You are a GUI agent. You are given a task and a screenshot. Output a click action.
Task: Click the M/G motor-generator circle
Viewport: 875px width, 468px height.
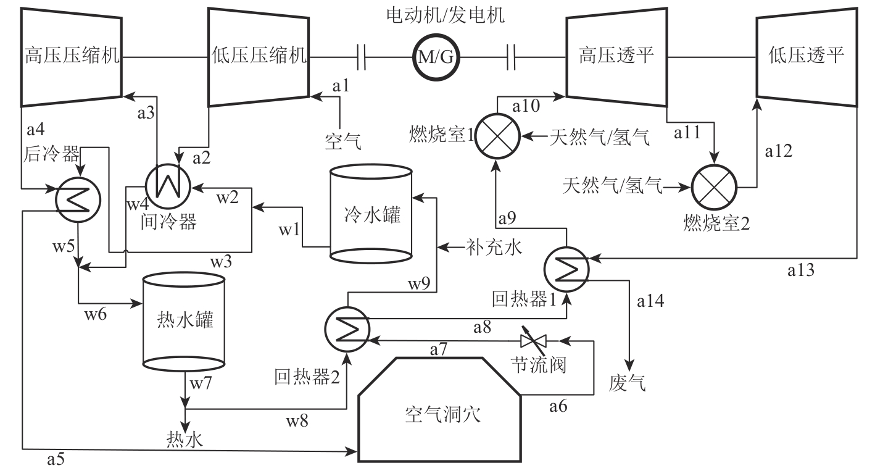click(x=437, y=57)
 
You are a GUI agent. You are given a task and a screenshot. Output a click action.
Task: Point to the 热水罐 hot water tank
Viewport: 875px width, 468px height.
click(x=184, y=320)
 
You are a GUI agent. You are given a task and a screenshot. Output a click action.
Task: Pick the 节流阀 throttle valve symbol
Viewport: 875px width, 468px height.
click(x=531, y=340)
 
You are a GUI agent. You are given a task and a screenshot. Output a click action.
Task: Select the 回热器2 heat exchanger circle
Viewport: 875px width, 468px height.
click(x=346, y=325)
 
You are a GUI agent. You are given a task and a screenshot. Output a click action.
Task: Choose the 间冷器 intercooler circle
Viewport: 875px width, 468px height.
click(x=166, y=183)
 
